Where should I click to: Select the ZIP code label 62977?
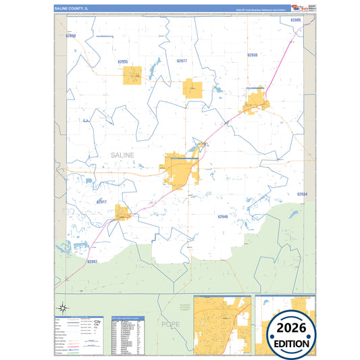[181, 61]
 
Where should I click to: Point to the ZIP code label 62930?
[253, 55]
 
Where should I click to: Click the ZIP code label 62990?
[72, 35]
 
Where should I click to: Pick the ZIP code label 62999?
[295, 20]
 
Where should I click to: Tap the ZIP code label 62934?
[302, 195]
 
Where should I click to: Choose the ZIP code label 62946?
[223, 217]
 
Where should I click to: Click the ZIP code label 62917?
[102, 201]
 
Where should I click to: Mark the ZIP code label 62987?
[93, 261]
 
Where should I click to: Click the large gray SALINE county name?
[122, 155]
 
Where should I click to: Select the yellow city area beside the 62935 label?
[133, 76]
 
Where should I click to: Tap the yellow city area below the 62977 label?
[194, 89]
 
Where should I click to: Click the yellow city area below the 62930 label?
[256, 103]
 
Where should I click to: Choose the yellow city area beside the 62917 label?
[122, 213]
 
